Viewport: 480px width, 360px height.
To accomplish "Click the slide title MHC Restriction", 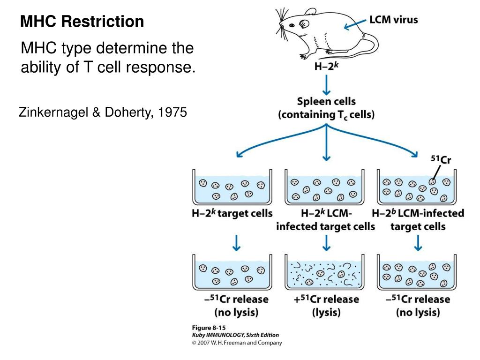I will click(x=82, y=22).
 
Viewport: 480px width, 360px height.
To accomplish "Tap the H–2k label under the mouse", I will click(x=327, y=67).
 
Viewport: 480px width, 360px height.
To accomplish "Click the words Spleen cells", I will click(x=327, y=101).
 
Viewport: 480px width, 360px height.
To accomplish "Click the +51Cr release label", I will click(x=327, y=299).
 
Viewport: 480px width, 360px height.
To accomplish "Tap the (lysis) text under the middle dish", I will click(x=327, y=313).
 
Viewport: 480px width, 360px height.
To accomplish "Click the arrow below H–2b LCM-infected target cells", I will click(x=418, y=241).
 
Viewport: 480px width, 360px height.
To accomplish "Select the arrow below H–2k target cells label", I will click(x=237, y=241).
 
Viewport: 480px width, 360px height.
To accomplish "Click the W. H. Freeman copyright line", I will click(x=237, y=343).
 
